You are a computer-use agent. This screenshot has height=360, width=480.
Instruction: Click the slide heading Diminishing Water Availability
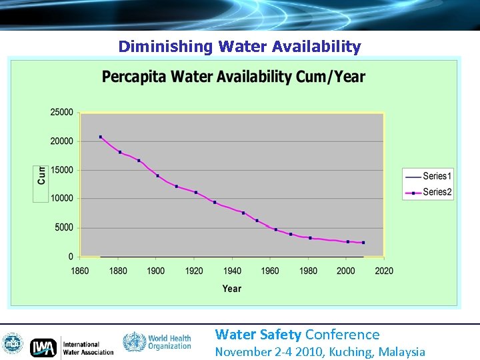(239, 47)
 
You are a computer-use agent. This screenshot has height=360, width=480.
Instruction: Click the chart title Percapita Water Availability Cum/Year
(233, 77)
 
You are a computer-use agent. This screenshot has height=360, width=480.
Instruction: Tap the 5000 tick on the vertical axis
(63, 227)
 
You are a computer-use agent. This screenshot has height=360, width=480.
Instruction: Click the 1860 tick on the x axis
(80, 271)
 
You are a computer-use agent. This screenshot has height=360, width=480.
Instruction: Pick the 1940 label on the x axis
(232, 271)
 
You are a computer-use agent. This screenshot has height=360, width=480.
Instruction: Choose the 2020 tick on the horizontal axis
(384, 271)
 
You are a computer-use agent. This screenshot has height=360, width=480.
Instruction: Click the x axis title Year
(231, 289)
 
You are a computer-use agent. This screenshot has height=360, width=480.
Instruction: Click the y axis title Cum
(41, 175)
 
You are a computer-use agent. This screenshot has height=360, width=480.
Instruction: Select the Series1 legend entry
(428, 176)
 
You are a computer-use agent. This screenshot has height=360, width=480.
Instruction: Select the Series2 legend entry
(428, 192)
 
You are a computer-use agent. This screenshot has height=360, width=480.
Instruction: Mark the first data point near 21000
(100, 137)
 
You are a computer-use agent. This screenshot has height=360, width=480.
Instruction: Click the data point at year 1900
(157, 175)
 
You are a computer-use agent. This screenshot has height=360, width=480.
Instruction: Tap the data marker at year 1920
(195, 192)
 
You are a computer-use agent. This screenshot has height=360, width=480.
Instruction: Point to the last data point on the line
(363, 243)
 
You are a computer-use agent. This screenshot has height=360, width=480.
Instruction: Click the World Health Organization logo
(157, 343)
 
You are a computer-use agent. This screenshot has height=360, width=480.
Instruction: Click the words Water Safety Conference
(297, 335)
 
